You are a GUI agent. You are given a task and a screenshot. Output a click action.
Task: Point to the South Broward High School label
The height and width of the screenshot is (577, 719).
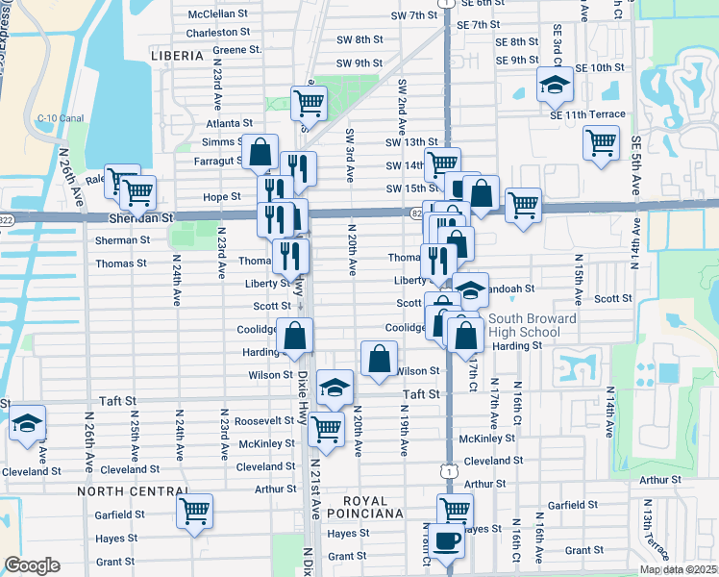[532, 325]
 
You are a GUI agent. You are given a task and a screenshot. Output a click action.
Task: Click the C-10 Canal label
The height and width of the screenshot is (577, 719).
[61, 118]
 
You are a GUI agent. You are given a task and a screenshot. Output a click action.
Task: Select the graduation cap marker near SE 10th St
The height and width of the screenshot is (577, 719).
[555, 85]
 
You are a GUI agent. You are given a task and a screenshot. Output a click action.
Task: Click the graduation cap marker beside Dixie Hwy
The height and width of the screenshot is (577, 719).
[335, 387]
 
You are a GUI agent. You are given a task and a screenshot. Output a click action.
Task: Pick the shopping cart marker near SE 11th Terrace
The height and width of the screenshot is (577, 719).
[601, 142]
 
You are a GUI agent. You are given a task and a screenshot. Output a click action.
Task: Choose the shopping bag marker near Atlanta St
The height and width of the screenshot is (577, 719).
[260, 151]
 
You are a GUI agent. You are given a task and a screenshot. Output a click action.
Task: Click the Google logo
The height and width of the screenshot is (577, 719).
[32, 565]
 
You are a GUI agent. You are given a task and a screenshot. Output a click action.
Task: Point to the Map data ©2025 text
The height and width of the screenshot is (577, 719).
[679, 569]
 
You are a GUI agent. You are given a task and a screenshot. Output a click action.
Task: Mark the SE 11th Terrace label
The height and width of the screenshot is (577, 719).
[588, 114]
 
